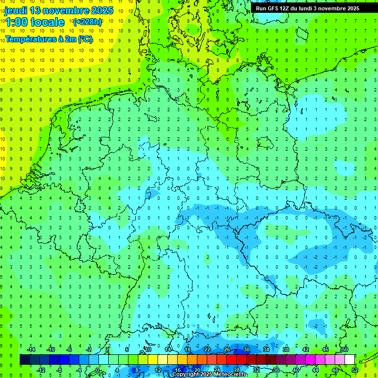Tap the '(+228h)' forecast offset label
(88, 22)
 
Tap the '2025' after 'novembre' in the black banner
(351, 8)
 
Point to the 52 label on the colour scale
(354, 370)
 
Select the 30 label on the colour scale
(246, 349)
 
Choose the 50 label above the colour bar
(345, 349)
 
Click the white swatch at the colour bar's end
(349, 360)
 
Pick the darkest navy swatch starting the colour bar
(25, 360)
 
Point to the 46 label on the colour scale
(325, 349)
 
